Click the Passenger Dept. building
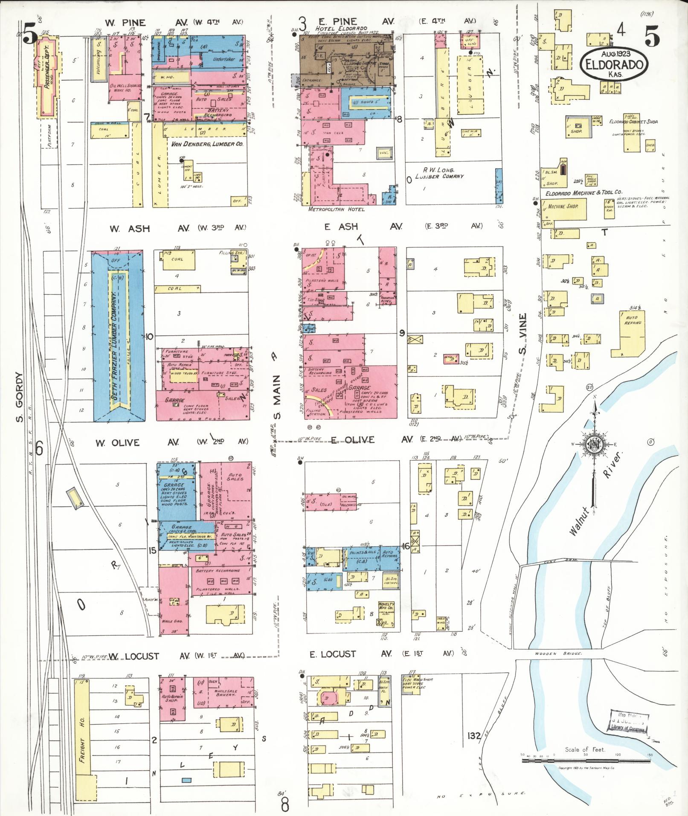tap(47, 77)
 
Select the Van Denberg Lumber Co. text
tap(207, 144)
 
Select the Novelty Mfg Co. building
tap(386, 608)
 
